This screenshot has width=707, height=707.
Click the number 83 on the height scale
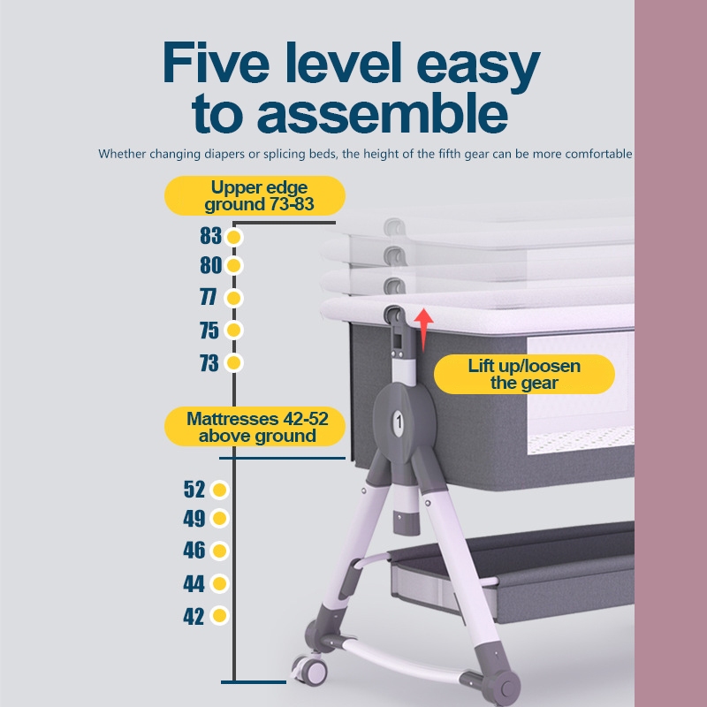211,236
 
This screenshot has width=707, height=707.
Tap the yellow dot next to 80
233,266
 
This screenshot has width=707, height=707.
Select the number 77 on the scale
209,298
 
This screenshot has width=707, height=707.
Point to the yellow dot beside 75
233,330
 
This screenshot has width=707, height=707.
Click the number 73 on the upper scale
209,363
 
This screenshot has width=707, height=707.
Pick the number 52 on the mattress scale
194,490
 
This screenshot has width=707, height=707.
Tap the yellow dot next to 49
219,519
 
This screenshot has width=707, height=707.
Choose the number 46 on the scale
194,551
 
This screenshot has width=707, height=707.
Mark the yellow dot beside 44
219,583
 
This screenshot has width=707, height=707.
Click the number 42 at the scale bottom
194,616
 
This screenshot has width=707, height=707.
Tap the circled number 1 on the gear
399,423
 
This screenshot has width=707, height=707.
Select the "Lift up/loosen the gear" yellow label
524,374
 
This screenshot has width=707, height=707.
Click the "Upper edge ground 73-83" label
255,195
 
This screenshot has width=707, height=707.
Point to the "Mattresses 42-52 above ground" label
255,427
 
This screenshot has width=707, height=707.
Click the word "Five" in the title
217,63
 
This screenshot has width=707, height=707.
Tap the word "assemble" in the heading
383,113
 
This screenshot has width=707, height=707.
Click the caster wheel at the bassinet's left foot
310,671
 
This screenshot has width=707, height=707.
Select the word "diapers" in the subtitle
224,154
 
